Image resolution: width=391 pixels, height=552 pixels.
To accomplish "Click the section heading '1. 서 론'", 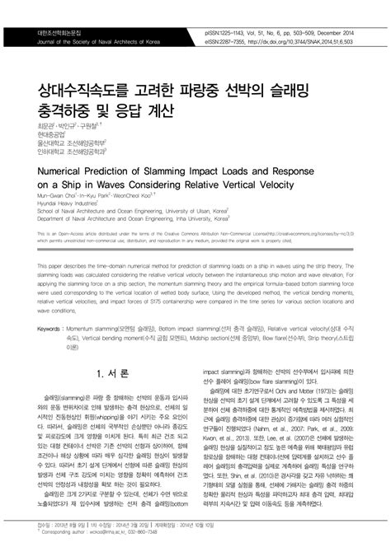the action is [111, 374].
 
